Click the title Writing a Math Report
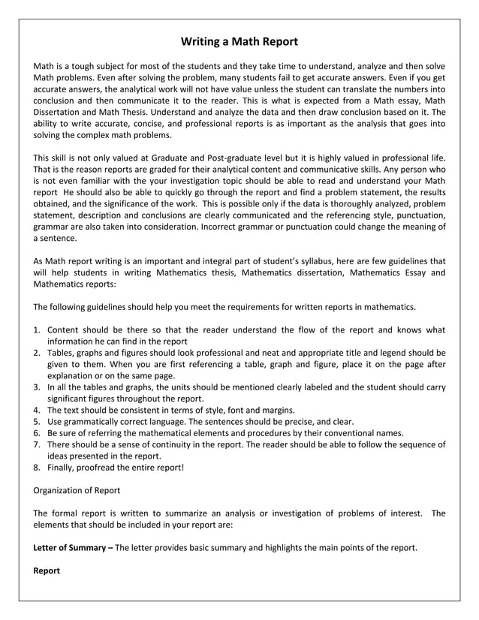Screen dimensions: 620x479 click(x=239, y=41)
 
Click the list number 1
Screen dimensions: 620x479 click(x=37, y=330)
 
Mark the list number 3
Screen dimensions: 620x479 click(x=37, y=387)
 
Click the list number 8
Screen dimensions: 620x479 click(x=37, y=467)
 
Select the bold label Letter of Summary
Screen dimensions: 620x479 click(x=70, y=547)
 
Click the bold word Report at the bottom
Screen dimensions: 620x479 click(x=47, y=570)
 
